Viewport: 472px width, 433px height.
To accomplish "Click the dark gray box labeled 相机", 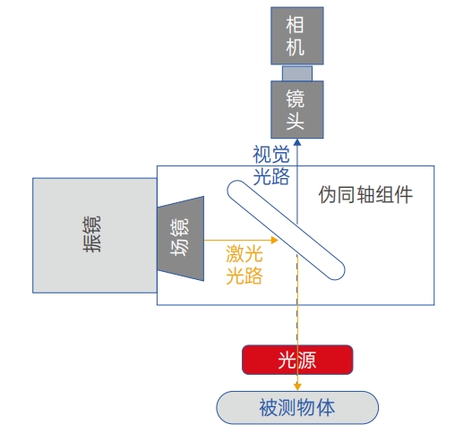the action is click(x=297, y=36).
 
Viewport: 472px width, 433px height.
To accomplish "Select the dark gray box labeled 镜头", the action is click(x=297, y=109).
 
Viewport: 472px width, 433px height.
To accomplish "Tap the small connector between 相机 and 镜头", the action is click(x=297, y=72).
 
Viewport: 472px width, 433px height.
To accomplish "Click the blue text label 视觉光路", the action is click(x=270, y=166).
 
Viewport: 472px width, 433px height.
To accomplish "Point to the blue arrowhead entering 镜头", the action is click(x=297, y=142).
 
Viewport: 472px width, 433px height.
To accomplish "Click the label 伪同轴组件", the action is click(x=365, y=194).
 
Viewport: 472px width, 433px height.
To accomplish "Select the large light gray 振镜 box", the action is click(x=95, y=235).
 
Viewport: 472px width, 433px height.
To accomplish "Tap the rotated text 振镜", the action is click(x=92, y=233).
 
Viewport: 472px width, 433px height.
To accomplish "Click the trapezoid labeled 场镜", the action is click(x=181, y=239).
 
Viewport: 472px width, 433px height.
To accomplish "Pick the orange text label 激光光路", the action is click(x=245, y=265).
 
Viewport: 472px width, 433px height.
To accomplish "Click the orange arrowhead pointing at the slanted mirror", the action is click(x=274, y=240).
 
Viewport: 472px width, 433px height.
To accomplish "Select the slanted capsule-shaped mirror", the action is click(x=286, y=230).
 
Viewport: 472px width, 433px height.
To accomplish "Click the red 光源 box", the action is click(x=297, y=360).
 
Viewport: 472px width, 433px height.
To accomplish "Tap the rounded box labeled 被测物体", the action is click(x=297, y=408).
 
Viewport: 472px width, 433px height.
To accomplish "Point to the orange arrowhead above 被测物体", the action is click(x=297, y=386).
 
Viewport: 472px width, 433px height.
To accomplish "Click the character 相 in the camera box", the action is click(x=295, y=25).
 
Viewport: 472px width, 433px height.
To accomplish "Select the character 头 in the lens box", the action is click(x=295, y=121).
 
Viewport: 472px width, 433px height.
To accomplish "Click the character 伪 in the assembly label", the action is click(x=328, y=194).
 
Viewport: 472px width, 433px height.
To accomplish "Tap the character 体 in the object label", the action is click(x=326, y=408).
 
